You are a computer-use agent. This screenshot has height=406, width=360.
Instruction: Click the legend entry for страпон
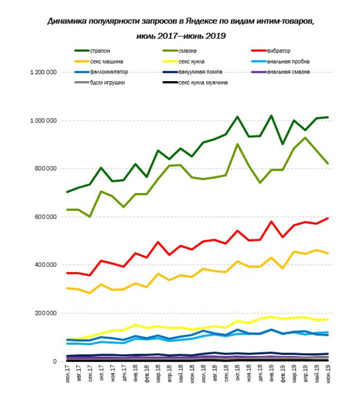92,51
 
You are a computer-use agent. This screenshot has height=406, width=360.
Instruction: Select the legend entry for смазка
180,51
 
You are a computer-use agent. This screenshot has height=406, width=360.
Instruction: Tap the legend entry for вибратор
271,51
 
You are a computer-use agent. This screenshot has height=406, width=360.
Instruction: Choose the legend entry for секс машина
98,61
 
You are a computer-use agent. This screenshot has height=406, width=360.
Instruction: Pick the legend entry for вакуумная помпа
193,72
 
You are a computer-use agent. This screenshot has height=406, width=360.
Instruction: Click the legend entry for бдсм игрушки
100,83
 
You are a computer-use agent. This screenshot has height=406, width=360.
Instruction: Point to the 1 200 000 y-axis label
43,72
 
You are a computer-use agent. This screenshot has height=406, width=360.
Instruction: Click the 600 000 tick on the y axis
46,217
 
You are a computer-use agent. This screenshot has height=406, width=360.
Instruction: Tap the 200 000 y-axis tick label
46,313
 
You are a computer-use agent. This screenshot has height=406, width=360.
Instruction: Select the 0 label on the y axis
55,361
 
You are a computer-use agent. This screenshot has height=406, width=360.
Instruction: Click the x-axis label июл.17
67,374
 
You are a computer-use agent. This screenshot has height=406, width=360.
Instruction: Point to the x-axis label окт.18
238,373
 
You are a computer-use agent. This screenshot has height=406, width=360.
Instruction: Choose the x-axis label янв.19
272,374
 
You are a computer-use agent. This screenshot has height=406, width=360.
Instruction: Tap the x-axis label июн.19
328,374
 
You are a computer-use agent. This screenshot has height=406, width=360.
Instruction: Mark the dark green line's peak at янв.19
271,116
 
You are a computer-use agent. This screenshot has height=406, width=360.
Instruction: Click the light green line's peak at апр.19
305,138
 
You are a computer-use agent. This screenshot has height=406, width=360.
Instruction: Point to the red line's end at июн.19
328,219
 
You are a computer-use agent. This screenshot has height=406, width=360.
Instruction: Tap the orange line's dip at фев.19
283,268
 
